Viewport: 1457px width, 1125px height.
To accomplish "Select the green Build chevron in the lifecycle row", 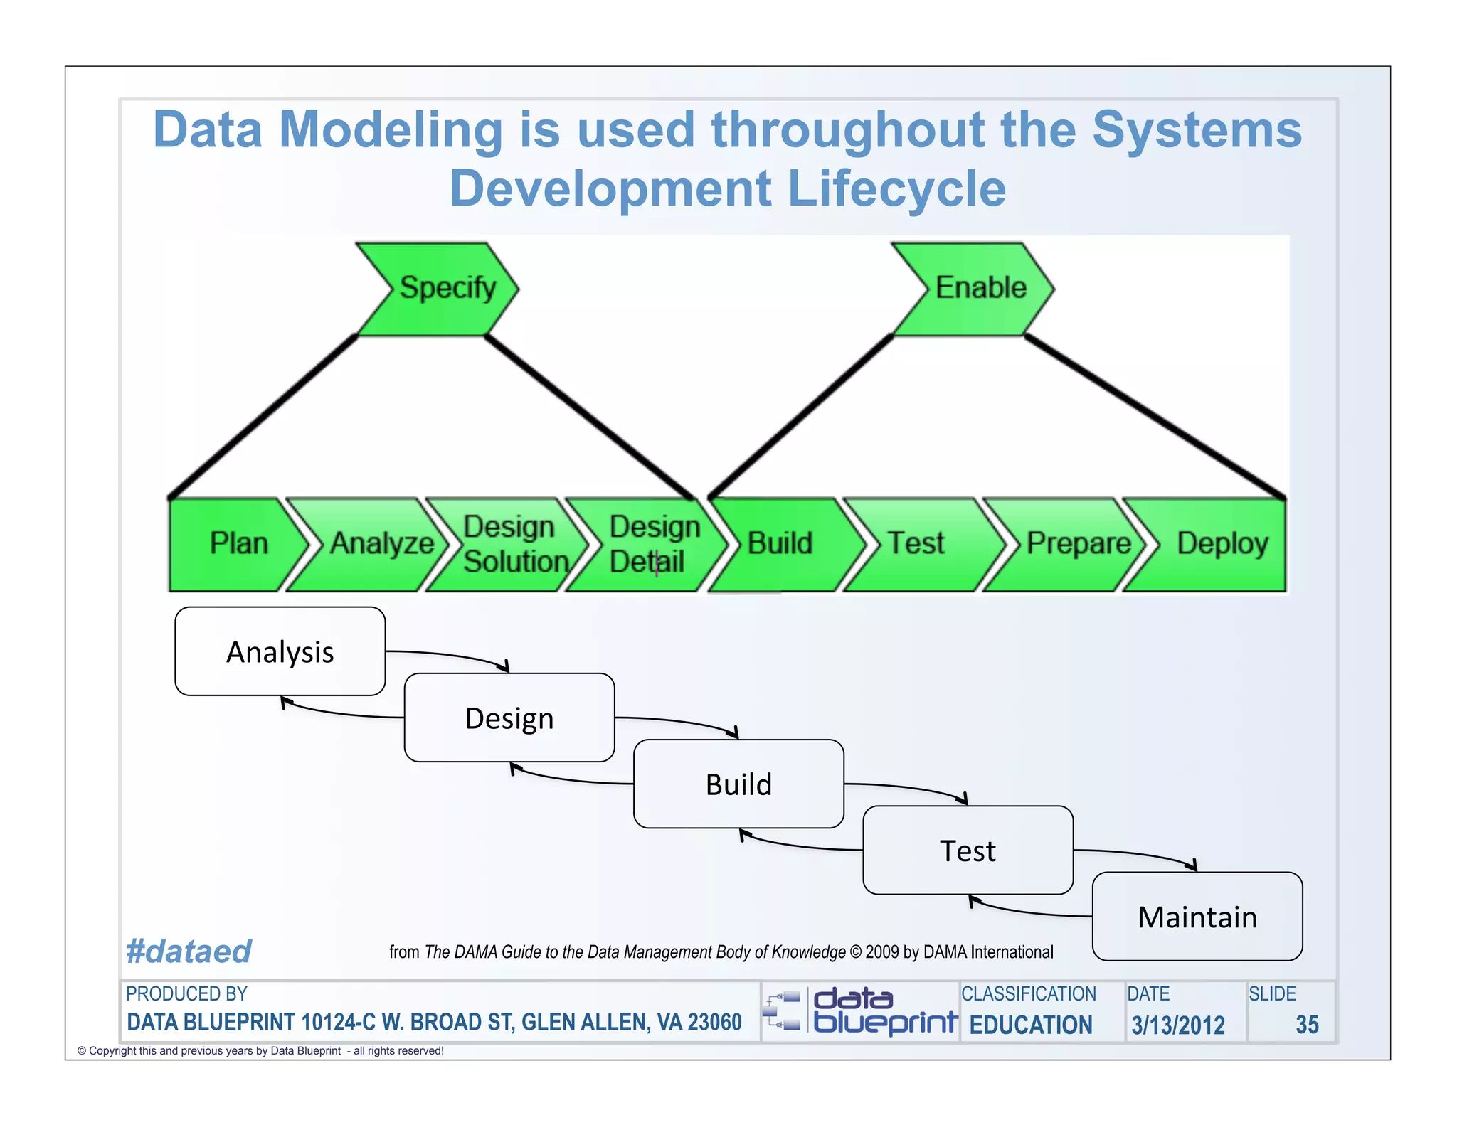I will click(x=783, y=544).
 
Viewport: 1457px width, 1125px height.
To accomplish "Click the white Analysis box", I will click(x=280, y=651).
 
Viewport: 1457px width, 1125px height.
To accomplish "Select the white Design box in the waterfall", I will click(x=509, y=718).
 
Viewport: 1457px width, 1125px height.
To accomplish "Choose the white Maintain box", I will click(x=1197, y=917).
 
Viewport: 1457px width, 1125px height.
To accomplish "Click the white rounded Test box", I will click(x=968, y=851).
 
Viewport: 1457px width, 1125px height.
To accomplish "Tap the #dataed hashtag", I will click(x=189, y=951).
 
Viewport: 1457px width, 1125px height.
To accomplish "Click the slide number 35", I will click(x=1306, y=1025).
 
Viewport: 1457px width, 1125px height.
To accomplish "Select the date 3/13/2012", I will click(x=1178, y=1025).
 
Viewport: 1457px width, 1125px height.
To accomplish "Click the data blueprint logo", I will click(x=861, y=1011).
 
